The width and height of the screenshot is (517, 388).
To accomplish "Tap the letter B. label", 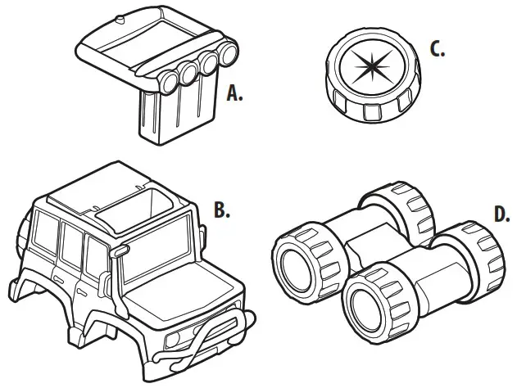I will (x=220, y=210).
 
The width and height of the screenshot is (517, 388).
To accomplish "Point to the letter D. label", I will (x=502, y=215).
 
